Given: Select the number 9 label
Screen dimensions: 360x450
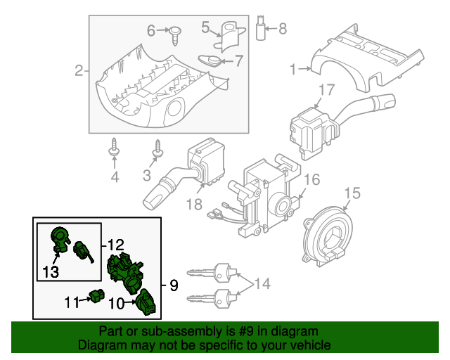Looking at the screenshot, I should [x=173, y=285].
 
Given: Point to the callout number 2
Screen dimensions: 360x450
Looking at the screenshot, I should [x=79, y=70].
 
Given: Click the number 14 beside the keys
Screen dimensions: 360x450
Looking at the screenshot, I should [x=262, y=284].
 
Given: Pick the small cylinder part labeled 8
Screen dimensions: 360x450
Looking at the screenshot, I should [x=263, y=27].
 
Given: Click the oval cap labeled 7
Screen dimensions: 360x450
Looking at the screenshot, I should [x=210, y=60].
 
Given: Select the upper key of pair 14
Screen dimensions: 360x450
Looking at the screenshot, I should [x=214, y=271].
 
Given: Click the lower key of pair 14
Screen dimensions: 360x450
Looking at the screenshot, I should [x=214, y=298].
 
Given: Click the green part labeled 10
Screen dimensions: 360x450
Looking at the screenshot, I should [x=146, y=302].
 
